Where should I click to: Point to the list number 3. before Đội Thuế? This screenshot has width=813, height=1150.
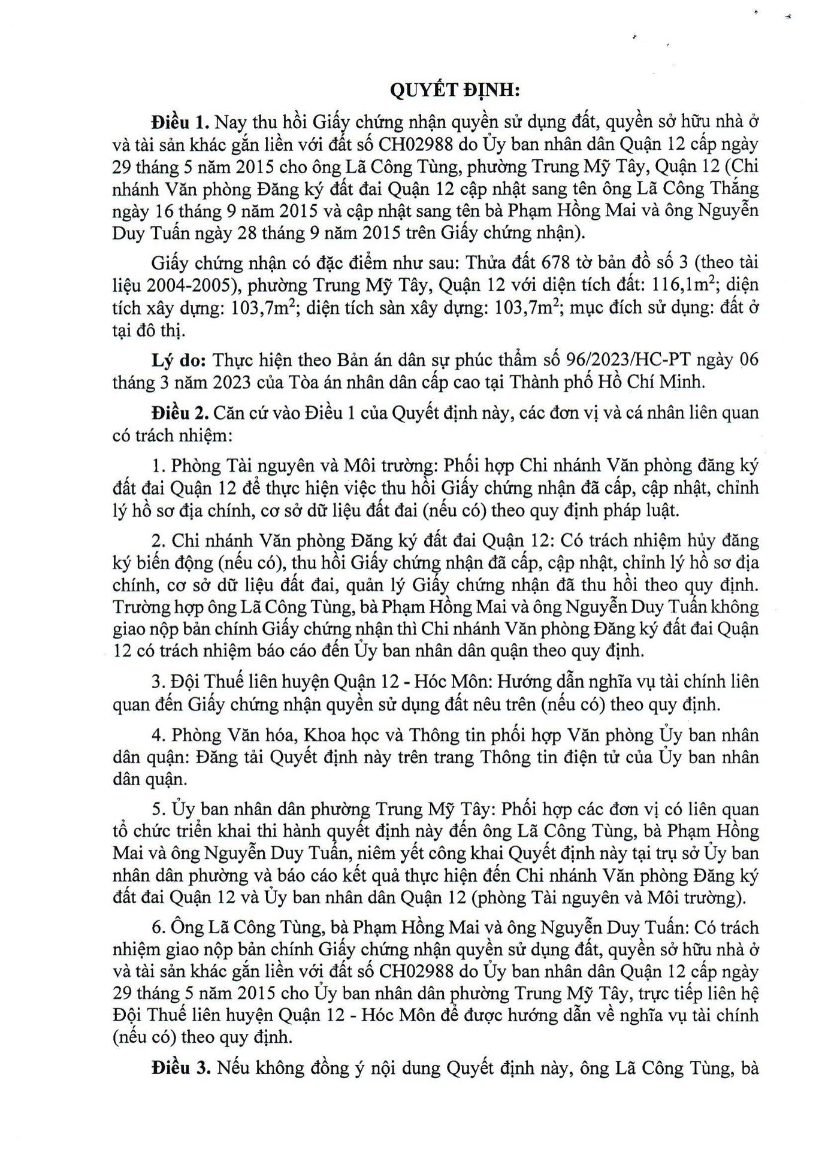pos(158,682)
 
